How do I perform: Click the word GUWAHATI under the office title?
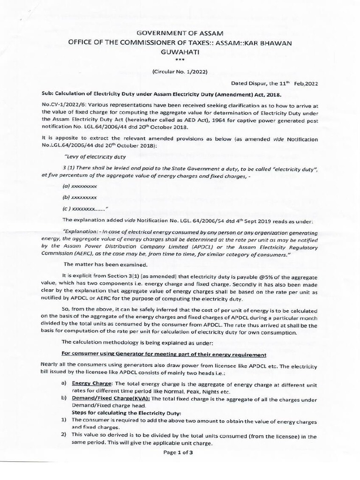180,53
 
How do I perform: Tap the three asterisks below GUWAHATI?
180,61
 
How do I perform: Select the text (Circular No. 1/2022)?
180,71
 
